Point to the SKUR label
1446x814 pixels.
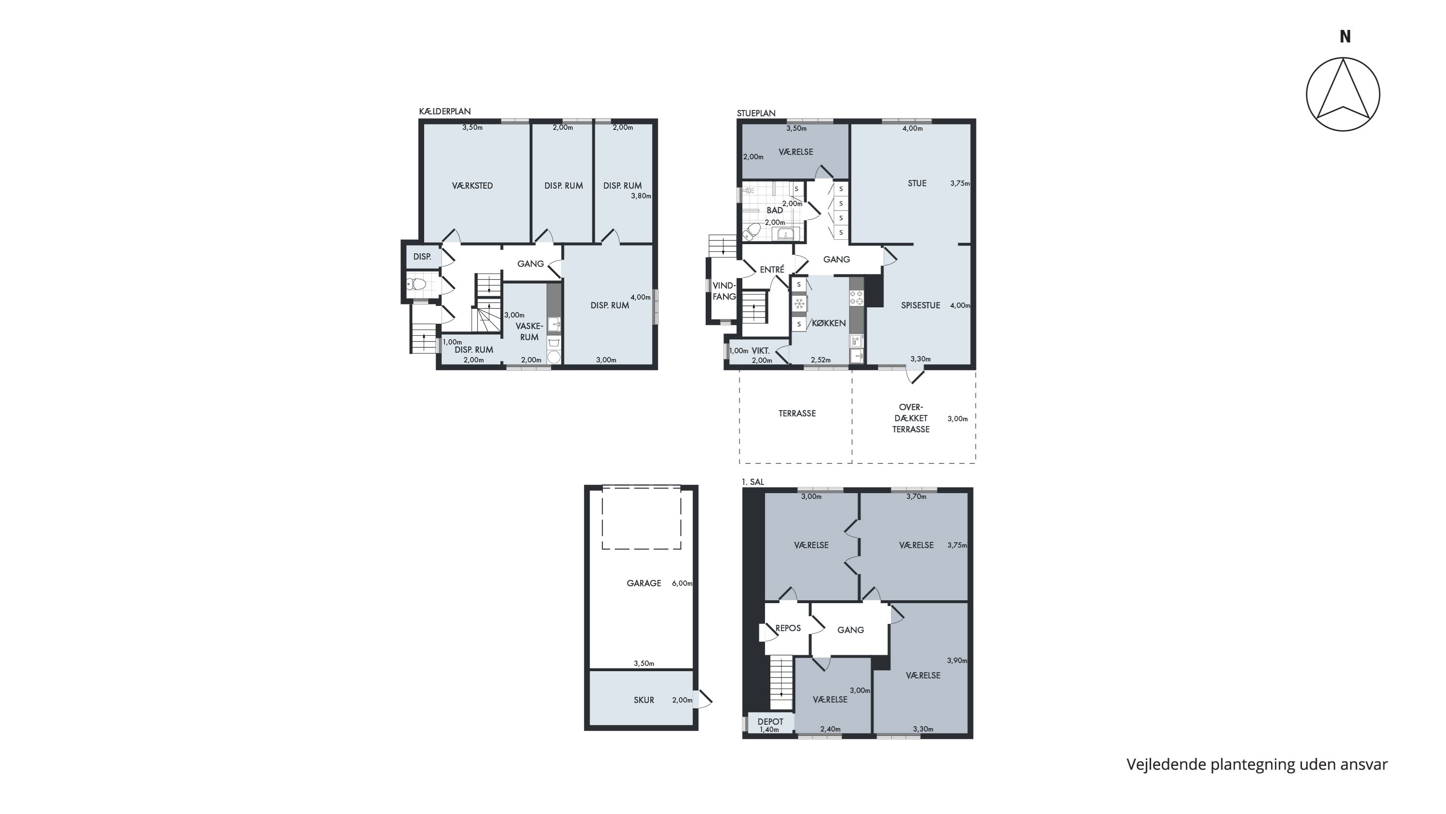644,700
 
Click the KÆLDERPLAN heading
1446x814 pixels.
444,112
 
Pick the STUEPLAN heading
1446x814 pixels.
756,113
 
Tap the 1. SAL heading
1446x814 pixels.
753,482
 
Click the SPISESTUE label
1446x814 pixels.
921,305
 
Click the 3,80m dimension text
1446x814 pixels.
641,196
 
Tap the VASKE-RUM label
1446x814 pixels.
529,331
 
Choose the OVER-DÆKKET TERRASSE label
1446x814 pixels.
911,418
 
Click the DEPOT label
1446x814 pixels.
770,722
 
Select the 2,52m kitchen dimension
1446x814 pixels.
821,360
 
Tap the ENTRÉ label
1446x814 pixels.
772,270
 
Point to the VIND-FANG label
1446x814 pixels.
724,291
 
